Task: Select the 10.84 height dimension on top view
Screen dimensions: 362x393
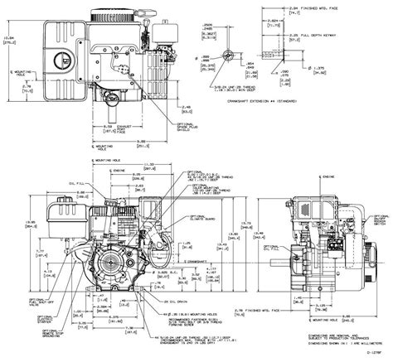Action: pyautogui.click(x=9, y=37)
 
